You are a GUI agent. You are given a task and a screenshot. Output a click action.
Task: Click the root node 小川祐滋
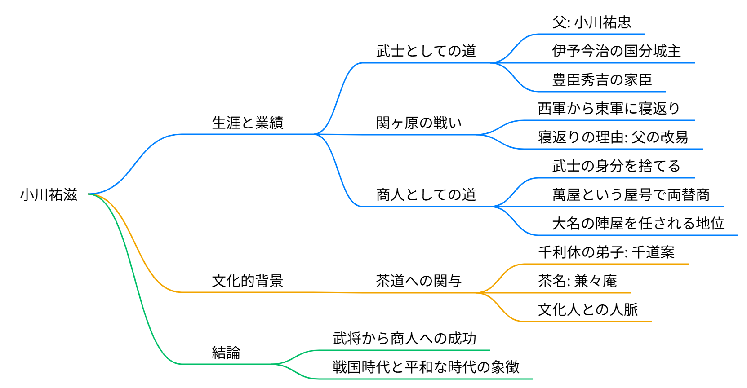49,195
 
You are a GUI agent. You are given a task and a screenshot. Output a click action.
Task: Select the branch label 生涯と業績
248,123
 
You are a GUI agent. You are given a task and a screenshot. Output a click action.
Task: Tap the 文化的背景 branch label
248,281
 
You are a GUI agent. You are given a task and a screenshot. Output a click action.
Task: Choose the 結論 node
226,353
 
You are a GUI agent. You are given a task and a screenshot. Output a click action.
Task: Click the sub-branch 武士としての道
426,51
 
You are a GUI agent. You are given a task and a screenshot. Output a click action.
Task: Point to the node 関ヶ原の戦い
419,123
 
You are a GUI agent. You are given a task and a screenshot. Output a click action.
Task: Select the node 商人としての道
426,195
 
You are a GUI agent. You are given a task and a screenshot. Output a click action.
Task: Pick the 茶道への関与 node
419,281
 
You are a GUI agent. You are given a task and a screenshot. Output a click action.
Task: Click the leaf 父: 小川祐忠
591,22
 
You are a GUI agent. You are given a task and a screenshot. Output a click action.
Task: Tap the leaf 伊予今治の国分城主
616,51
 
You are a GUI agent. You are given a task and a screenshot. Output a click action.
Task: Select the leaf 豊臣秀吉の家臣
602,80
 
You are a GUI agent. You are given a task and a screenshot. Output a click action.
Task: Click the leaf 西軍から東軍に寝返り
609,108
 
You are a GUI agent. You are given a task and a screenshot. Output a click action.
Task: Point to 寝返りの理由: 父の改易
613,137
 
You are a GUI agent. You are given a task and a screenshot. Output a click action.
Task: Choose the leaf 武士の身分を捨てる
616,166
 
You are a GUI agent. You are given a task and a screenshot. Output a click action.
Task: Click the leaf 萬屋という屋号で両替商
631,195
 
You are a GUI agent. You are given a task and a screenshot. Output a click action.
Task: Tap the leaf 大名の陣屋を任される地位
638,223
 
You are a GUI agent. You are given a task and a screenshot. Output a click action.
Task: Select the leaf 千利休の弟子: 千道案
606,252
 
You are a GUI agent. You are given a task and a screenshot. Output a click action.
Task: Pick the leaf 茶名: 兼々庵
578,281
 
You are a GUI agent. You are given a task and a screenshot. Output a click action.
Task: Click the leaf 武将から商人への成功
405,339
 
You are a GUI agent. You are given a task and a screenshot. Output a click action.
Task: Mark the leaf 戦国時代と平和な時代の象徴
426,367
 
